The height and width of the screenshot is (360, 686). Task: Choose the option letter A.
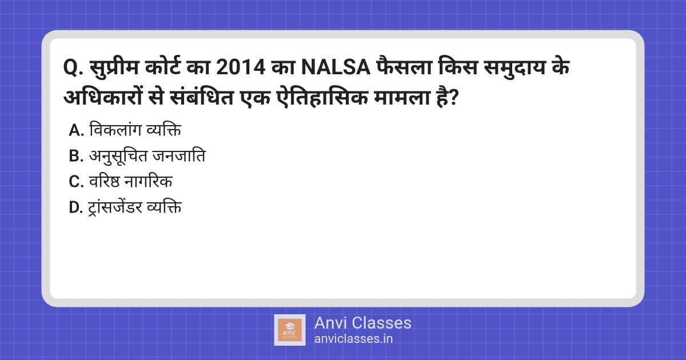tap(76, 131)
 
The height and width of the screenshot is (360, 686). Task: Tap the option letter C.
tap(76, 182)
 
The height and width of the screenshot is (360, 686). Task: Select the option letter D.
tap(76, 208)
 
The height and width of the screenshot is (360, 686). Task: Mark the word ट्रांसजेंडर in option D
tap(118, 208)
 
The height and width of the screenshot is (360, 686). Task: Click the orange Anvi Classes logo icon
tap(290, 330)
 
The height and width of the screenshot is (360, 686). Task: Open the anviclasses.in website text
tap(353, 338)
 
